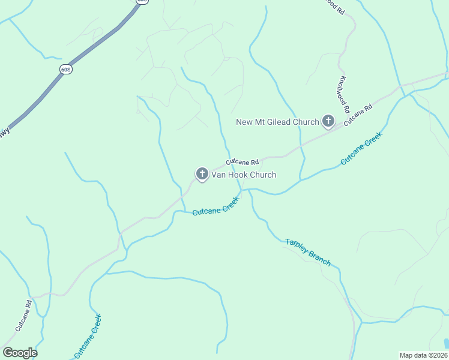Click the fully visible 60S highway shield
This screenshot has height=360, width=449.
(x=66, y=70)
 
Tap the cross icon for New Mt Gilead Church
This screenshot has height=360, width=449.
(x=328, y=122)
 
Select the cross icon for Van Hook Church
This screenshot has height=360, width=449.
(x=202, y=175)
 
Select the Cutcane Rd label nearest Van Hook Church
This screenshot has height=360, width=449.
(x=243, y=162)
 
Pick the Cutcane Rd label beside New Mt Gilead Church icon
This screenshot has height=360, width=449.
(x=358, y=115)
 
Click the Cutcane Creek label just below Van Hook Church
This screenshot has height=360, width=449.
(x=216, y=207)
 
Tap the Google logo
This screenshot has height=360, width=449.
(x=20, y=352)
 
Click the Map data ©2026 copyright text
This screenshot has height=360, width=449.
(x=423, y=355)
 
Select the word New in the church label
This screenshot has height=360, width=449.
(x=245, y=122)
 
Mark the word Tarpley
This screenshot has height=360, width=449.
(x=297, y=246)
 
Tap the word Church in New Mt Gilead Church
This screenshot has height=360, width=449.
(x=306, y=122)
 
